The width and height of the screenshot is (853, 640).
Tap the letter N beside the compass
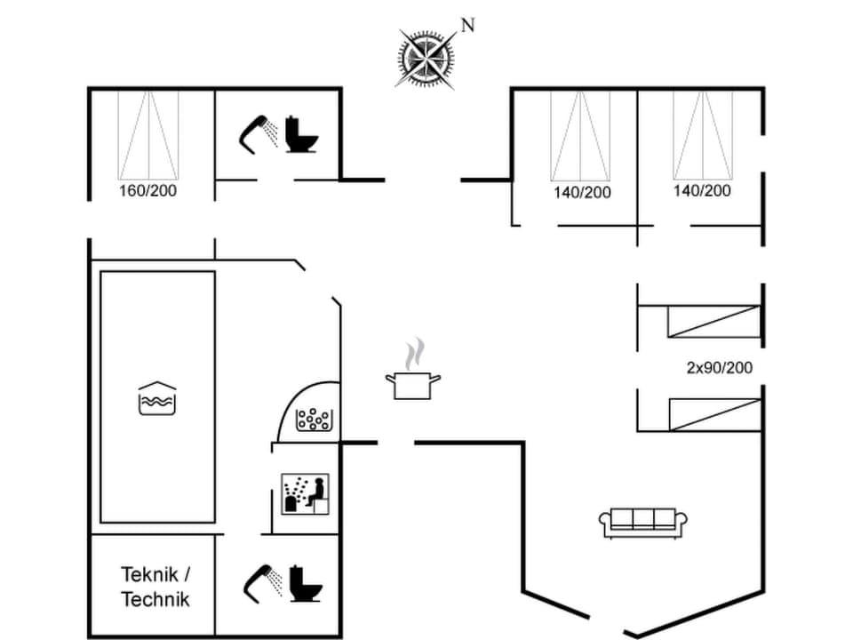[467, 26]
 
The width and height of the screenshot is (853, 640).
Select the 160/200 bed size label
[147, 191]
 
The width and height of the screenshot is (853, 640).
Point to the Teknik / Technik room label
[155, 586]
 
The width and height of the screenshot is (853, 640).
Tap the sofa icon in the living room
[645, 521]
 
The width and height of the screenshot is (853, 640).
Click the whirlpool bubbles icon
[313, 418]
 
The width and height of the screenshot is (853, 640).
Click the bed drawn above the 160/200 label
[148, 133]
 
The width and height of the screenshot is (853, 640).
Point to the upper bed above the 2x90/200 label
[714, 321]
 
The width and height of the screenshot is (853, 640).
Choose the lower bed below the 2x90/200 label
[714, 414]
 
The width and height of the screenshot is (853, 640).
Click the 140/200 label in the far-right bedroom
[702, 190]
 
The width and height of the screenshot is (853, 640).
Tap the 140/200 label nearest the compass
[582, 192]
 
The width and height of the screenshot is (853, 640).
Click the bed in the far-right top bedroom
[702, 134]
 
